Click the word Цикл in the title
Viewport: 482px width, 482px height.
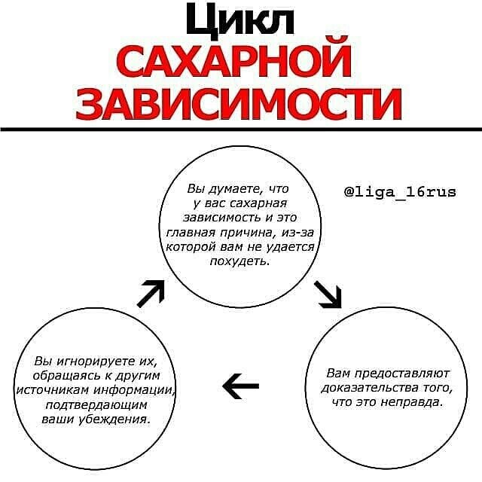(x=240, y=23)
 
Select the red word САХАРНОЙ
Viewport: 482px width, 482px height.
(x=235, y=64)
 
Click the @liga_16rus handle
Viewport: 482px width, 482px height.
(x=400, y=192)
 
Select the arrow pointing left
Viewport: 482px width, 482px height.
(x=241, y=386)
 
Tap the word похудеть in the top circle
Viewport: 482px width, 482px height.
(x=242, y=261)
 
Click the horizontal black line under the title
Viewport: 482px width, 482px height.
(x=241, y=129)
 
